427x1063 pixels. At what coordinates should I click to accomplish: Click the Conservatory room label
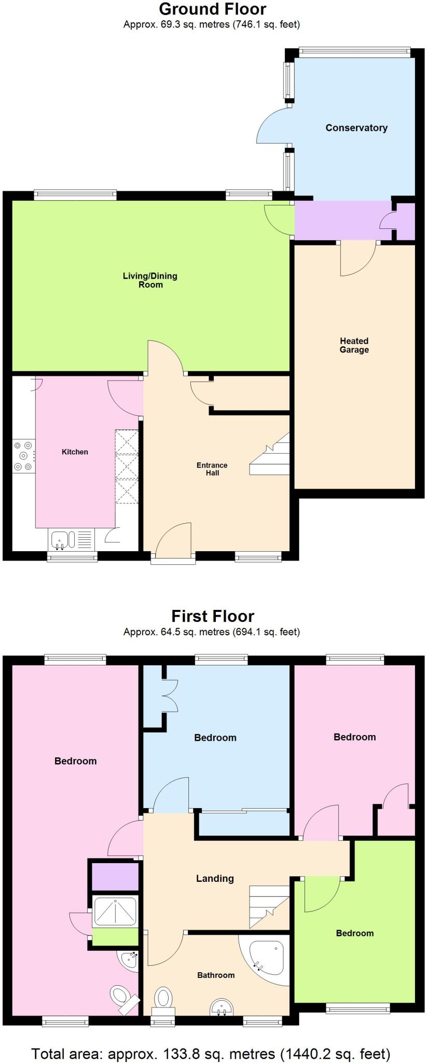tap(356, 128)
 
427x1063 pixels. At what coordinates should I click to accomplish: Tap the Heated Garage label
tap(354, 345)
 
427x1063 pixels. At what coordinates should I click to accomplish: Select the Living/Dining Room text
tap(150, 280)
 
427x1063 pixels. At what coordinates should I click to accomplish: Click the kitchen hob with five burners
tap(23, 456)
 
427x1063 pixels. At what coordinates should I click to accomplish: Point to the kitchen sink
tap(63, 540)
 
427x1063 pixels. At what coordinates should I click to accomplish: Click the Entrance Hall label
tap(212, 469)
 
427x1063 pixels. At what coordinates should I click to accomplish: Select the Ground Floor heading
tap(212, 9)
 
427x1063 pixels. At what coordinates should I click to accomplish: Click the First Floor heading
tap(212, 616)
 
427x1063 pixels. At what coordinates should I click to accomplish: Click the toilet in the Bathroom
tap(163, 1000)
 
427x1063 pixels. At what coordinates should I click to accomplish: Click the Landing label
tap(215, 878)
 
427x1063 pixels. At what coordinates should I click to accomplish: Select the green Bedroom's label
tap(354, 933)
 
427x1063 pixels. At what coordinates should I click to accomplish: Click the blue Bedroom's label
tap(215, 738)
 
